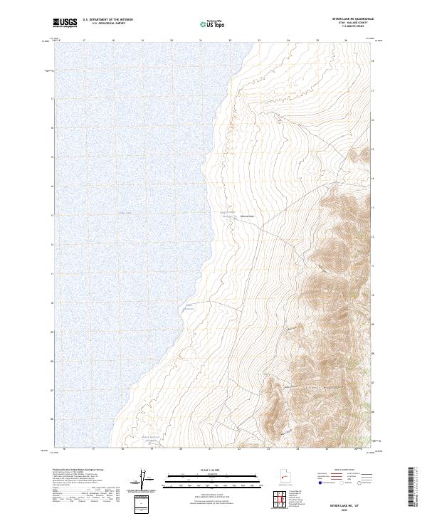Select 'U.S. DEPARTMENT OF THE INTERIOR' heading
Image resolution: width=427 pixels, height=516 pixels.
[x=107, y=20]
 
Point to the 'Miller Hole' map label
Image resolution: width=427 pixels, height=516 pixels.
[x=246, y=216]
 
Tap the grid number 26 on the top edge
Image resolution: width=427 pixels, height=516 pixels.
[x=346, y=41]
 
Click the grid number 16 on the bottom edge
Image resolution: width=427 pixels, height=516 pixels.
[x=65, y=449]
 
